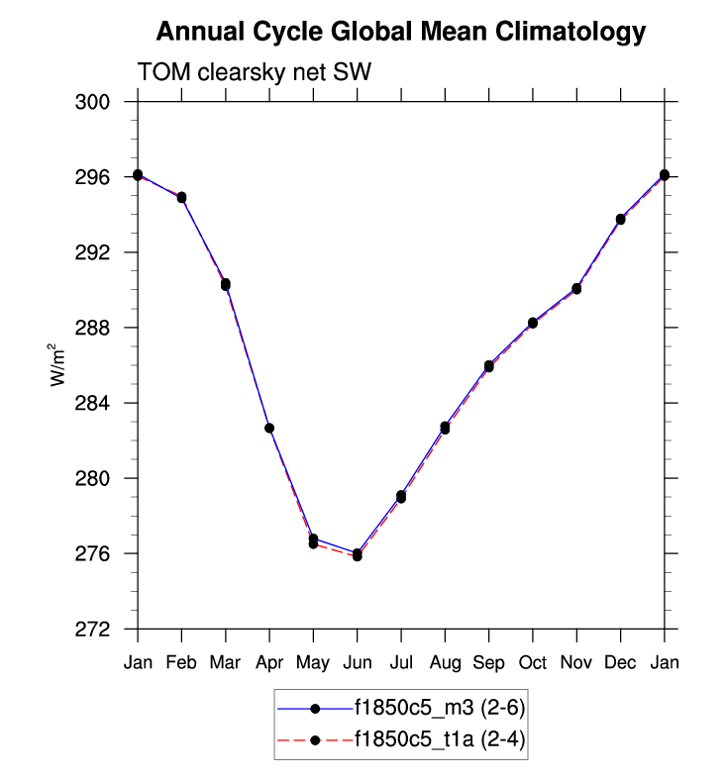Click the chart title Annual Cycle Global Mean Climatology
tap(401, 33)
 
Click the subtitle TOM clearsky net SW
tap(254, 72)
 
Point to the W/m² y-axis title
tap(60, 364)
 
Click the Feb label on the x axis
tap(181, 662)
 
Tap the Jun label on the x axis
tap(357, 662)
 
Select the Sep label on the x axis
tap(488, 662)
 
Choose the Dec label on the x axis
tap(620, 662)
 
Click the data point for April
tap(269, 428)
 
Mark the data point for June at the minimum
tap(357, 554)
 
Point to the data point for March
tap(226, 284)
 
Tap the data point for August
tap(445, 428)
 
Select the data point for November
tap(576, 289)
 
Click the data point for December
tap(621, 219)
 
